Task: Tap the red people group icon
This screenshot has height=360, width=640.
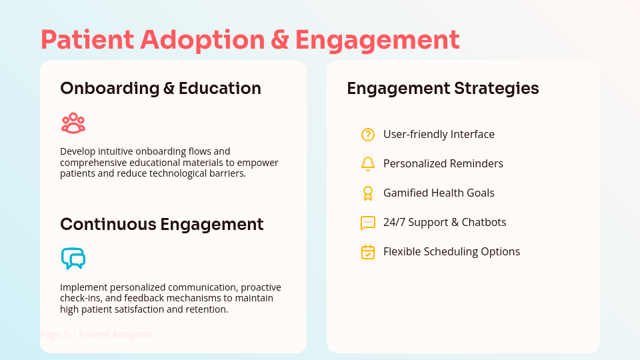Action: [73, 123]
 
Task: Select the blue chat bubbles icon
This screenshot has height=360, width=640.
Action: [73, 258]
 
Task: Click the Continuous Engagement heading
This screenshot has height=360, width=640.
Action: [161, 224]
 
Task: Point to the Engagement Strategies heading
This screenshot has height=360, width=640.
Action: [443, 89]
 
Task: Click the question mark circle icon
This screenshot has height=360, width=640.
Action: [368, 135]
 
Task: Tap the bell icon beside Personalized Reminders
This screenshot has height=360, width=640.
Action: [368, 164]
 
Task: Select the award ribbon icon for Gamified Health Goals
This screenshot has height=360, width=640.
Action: [368, 193]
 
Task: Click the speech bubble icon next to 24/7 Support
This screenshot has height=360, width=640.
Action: [368, 223]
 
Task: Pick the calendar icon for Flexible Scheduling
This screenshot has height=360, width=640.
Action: [368, 252]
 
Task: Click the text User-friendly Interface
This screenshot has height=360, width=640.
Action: [439, 135]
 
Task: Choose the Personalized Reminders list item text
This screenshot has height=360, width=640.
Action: [443, 164]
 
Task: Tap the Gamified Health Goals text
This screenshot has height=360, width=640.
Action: [439, 193]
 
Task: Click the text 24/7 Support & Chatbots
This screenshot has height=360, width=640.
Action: [445, 223]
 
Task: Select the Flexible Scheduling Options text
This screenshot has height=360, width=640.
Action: [451, 252]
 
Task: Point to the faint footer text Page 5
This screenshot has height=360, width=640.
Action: [54, 335]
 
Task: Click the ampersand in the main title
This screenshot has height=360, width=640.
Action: [281, 40]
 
